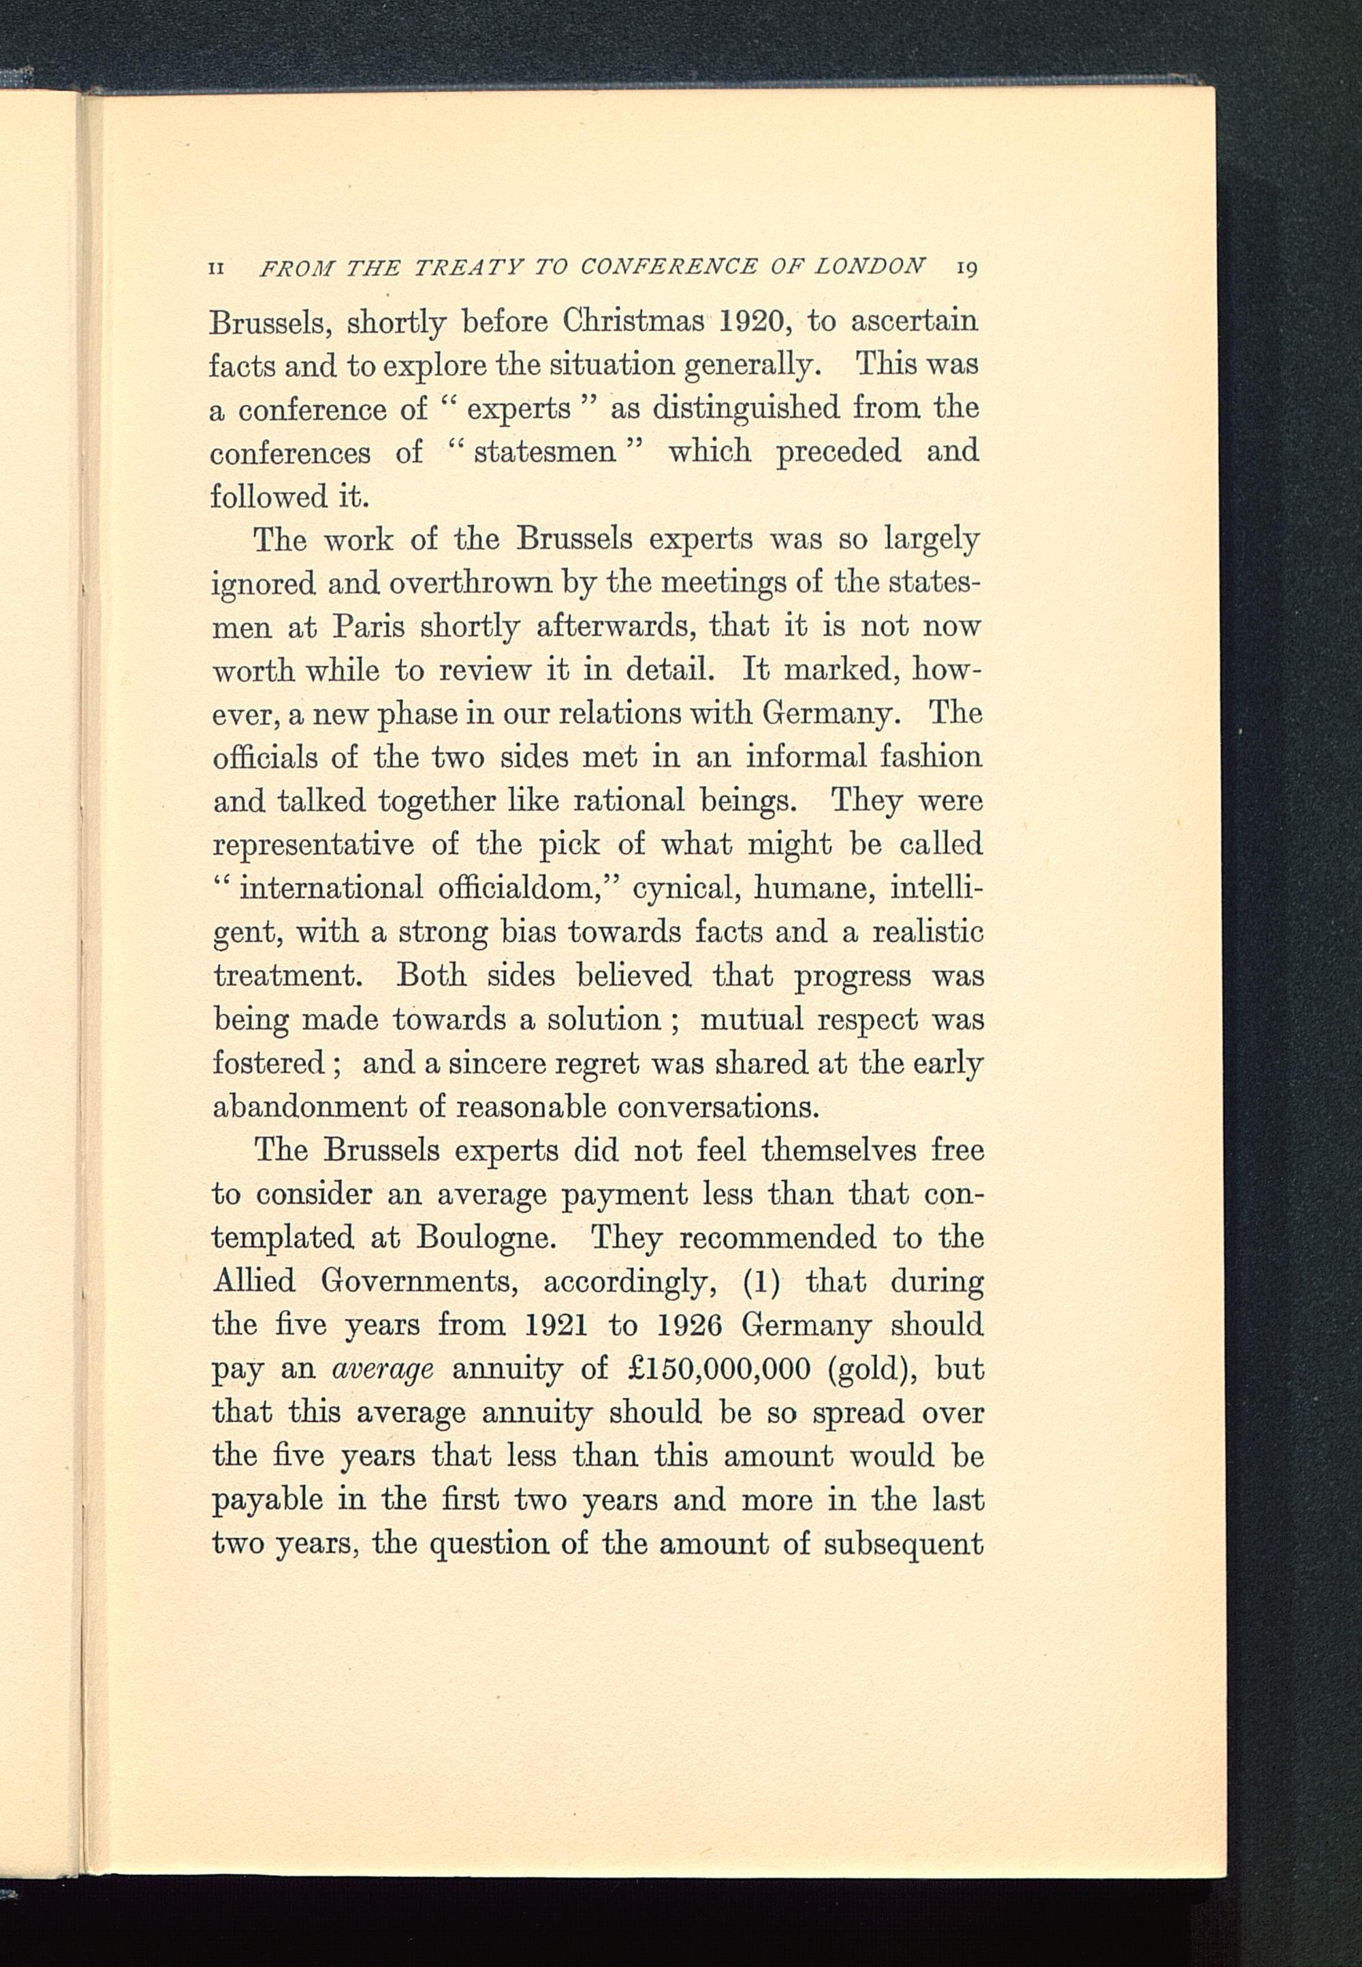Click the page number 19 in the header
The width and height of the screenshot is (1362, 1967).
966,268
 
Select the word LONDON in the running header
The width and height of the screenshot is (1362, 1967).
869,266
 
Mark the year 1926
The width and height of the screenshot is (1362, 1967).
691,1325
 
